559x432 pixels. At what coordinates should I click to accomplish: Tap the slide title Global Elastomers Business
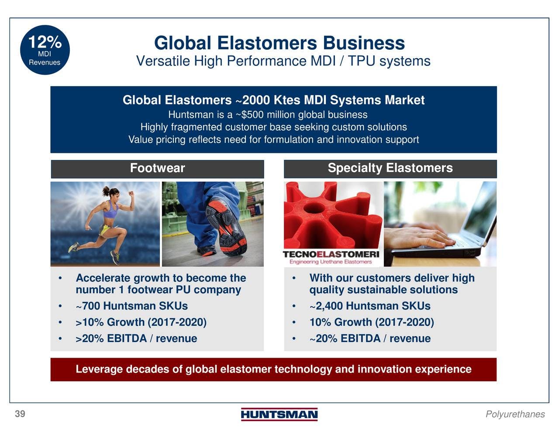pos(279,43)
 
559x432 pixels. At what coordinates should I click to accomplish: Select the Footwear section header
pos(157,168)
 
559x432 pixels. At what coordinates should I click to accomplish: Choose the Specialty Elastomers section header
pos(390,168)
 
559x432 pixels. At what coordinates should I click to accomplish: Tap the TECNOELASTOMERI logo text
pos(331,254)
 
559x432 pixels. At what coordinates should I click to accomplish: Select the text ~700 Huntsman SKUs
pos(132,306)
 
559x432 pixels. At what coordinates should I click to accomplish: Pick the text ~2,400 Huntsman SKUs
pos(370,306)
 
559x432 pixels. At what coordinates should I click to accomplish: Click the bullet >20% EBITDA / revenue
pos(136,339)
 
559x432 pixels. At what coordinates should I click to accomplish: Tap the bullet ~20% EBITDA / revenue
pos(370,339)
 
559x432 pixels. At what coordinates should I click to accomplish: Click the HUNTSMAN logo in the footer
pos(279,414)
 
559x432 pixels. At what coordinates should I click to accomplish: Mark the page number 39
pos(20,414)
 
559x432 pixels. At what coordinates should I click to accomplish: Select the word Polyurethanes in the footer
pos(515,414)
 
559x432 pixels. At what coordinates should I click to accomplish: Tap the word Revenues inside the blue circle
pos(45,62)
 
